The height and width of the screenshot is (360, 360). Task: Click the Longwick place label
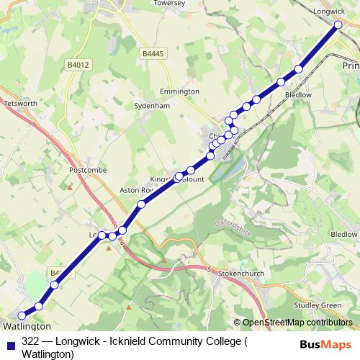click(330, 12)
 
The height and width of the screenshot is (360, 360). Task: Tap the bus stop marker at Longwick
click(338, 25)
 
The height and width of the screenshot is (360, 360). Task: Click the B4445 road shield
click(152, 54)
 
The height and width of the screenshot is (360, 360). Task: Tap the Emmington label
click(180, 92)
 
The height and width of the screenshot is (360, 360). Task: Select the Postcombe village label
click(86, 171)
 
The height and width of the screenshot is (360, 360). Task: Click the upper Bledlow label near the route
click(299, 94)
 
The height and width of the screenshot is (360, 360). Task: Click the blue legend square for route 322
click(9, 342)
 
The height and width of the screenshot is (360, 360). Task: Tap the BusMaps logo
click(325, 345)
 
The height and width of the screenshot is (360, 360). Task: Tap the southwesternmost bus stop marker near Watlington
click(22, 315)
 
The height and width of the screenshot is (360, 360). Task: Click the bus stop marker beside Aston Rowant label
click(142, 204)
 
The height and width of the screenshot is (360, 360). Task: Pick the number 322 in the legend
click(31, 342)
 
